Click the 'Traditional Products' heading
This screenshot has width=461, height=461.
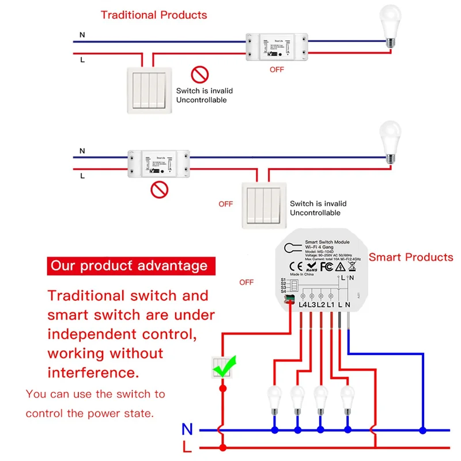pos(154,15)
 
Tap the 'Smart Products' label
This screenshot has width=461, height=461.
pos(411,257)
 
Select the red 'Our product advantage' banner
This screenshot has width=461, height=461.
pos(129,266)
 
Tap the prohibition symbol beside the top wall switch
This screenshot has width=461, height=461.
pos(199,74)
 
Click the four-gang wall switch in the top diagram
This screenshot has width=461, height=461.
pos(149,88)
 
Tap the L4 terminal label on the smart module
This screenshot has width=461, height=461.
pos(303,304)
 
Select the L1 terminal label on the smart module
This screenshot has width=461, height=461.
pos(331,304)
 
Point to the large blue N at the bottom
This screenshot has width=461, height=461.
pos(187,429)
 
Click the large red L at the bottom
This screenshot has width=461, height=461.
pos(187,447)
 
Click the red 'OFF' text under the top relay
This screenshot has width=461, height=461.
pos(277,69)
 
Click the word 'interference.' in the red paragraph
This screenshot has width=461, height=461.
pos(93,372)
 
